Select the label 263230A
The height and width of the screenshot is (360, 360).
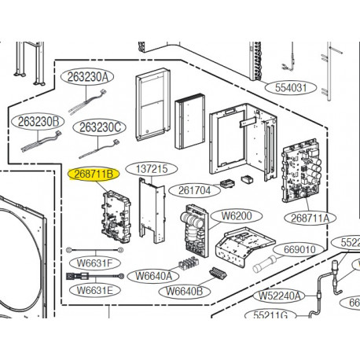86,77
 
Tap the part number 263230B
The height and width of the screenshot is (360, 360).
35,122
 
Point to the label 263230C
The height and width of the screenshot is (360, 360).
98,127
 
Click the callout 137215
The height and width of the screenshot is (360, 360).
152,169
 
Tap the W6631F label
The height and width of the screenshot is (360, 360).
95,263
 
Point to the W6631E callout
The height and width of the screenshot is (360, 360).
95,290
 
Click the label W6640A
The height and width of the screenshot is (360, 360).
152,276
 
